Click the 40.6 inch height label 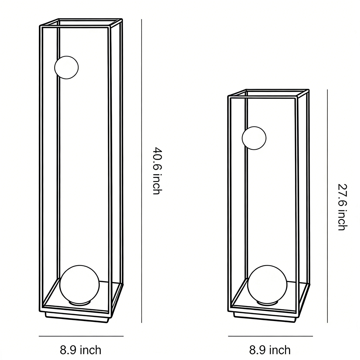coord(157,171)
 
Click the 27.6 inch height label coord(342,207)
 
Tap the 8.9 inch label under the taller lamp coord(81,350)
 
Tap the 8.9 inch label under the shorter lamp coord(270,350)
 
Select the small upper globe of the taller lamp coord(66,67)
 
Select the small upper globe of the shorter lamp coord(254,138)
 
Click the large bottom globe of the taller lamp coord(80,284)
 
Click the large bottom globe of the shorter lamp coord(267,284)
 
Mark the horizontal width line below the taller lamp coord(81,336)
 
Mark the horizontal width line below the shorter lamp coord(270,336)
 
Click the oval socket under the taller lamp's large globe coord(80,303)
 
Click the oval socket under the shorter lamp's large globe coord(267,303)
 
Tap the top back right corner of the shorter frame coord(308,90)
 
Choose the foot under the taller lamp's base coord(77,318)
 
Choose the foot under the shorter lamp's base coord(265,318)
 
